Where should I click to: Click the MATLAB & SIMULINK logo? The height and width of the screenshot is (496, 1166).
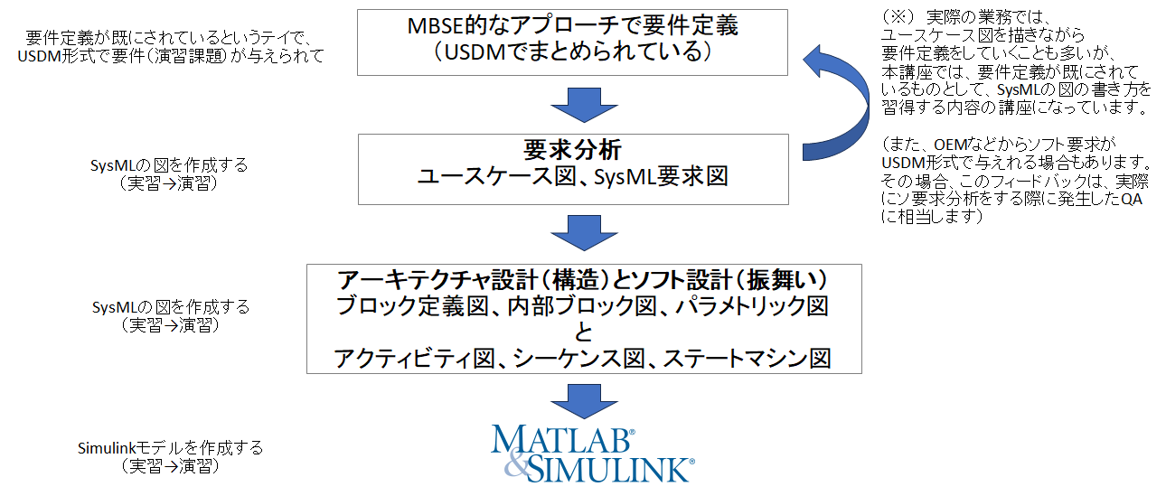592,452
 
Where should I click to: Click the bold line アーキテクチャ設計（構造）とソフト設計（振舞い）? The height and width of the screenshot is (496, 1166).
584,279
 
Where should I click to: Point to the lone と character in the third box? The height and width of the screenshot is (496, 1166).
584,332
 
